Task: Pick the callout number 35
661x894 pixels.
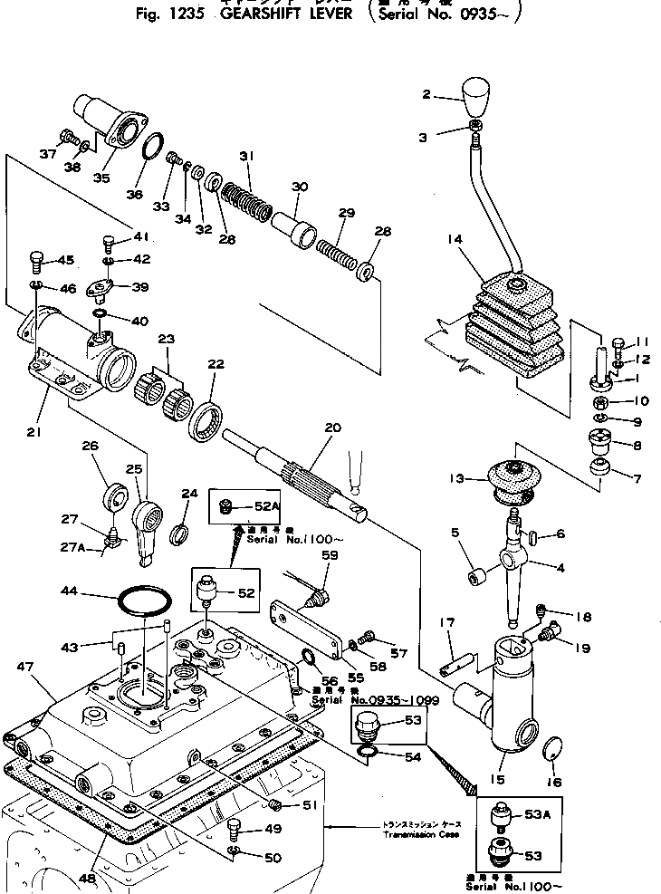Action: (101, 178)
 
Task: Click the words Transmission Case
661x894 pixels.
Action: (420, 834)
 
